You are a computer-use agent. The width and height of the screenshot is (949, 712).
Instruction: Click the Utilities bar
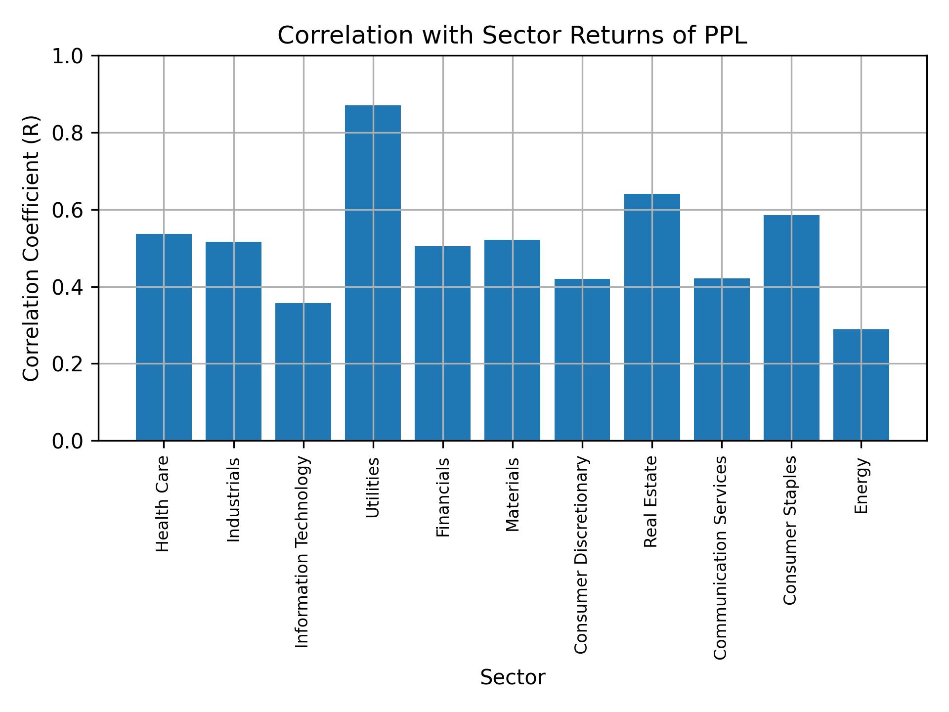(373, 272)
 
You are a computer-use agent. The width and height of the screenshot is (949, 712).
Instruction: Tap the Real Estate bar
(652, 317)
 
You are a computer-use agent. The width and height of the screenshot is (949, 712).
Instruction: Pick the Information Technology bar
(303, 371)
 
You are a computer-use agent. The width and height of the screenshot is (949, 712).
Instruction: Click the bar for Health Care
(164, 337)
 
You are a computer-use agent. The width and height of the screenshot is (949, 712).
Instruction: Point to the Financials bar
(442, 343)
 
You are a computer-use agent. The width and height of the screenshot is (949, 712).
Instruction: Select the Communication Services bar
(722, 359)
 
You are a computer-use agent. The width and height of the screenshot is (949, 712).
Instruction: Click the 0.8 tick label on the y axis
(67, 133)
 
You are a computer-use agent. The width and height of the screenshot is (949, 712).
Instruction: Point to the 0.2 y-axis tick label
(67, 364)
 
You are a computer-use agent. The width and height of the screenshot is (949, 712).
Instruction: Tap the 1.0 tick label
(67, 56)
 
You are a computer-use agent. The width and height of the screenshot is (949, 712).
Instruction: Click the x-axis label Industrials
(233, 500)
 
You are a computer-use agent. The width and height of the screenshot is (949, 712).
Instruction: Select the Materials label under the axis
(513, 494)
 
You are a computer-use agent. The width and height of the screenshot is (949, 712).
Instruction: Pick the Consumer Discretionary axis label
(581, 555)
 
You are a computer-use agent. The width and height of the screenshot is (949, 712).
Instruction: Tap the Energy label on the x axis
(861, 486)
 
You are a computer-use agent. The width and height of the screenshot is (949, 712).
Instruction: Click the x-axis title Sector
(513, 677)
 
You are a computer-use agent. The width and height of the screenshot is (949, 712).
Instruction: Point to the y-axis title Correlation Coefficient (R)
(31, 248)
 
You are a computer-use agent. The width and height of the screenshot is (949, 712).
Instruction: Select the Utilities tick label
(373, 488)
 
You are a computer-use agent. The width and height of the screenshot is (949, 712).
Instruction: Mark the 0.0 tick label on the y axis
(67, 441)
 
